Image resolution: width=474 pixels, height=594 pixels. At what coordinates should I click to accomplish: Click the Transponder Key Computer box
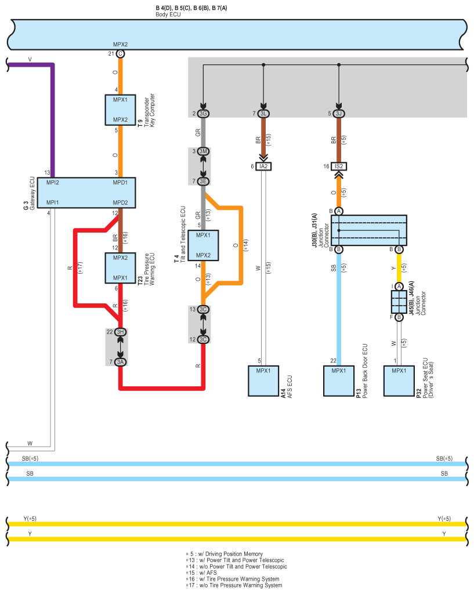click(120, 110)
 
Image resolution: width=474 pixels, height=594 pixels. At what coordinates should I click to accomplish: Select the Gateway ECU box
click(87, 193)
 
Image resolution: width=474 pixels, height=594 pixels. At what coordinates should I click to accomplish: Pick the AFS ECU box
click(263, 381)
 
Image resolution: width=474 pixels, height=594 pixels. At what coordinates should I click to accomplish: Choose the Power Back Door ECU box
click(339, 381)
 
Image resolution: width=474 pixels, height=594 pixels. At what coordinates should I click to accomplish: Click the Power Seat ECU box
click(399, 381)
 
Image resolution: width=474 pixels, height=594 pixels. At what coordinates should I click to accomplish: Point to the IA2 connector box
click(264, 166)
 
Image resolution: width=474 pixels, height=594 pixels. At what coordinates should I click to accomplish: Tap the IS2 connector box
click(339, 166)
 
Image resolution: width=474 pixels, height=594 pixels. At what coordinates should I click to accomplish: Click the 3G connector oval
click(203, 113)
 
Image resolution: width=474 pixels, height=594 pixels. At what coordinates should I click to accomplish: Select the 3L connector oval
click(263, 113)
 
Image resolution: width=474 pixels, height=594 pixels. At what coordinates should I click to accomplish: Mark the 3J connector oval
click(339, 113)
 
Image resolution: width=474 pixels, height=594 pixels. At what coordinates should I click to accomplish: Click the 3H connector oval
click(120, 332)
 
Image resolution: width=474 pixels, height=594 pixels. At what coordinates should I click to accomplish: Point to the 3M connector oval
click(203, 151)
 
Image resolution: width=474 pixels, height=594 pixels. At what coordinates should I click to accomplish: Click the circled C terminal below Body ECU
click(120, 54)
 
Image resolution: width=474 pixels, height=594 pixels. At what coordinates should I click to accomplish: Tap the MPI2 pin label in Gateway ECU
click(53, 182)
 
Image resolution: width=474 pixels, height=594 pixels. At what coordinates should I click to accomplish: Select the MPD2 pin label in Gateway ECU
click(121, 202)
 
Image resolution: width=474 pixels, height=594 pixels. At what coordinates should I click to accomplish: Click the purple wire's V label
click(30, 60)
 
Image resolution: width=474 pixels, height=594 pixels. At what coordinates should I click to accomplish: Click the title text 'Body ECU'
click(168, 14)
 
